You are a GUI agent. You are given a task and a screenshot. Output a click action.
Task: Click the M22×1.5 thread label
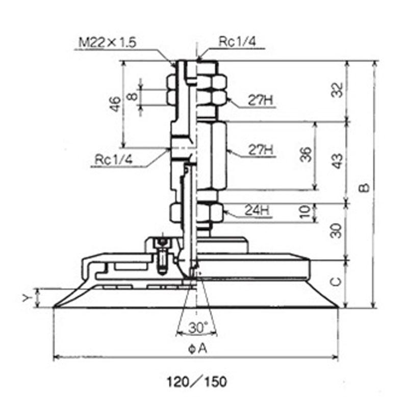(x=107, y=42)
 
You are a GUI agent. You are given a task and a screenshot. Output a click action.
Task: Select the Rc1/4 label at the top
(x=237, y=42)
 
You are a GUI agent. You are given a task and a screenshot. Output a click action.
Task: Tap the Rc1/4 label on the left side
(x=113, y=159)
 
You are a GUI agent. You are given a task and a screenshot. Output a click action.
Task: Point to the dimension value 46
(x=115, y=104)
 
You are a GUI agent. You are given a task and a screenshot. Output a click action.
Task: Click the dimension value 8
(x=133, y=96)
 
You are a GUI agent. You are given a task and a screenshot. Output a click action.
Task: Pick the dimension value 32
(x=337, y=90)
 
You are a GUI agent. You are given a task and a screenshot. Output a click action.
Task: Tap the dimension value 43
(x=338, y=161)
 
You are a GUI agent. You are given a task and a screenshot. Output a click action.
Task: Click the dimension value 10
(x=306, y=212)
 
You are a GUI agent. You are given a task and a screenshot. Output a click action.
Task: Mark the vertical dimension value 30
(x=336, y=231)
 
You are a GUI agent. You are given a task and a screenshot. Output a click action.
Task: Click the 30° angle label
(x=198, y=327)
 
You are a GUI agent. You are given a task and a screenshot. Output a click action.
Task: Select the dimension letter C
(x=337, y=282)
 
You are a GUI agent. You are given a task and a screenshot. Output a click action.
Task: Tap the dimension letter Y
(x=27, y=298)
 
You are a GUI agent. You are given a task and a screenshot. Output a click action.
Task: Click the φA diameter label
(x=198, y=349)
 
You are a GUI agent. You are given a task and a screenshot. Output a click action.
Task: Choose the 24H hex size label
(x=257, y=210)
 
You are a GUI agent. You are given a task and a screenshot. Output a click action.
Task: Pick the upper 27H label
(x=260, y=100)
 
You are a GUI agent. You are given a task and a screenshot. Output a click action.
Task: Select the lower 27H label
(x=261, y=150)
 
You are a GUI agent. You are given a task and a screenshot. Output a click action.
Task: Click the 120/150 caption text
(x=197, y=382)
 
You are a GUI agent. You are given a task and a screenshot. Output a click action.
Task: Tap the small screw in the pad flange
(x=162, y=257)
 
